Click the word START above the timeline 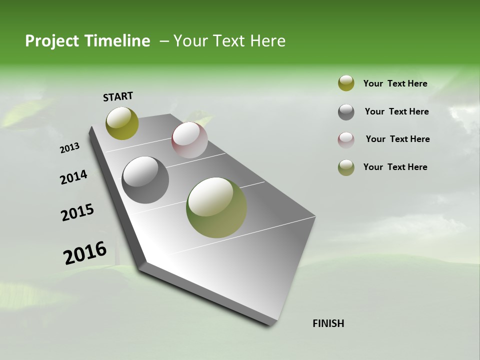click(x=118, y=96)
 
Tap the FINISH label click(x=328, y=323)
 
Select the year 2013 click(x=70, y=148)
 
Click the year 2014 click(x=74, y=177)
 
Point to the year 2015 click(x=77, y=212)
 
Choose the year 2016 click(x=85, y=253)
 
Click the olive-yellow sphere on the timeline click(x=122, y=123)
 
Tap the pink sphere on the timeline click(x=189, y=140)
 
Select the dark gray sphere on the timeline click(x=145, y=180)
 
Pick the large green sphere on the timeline click(x=216, y=207)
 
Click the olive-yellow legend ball click(x=346, y=83)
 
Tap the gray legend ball click(x=346, y=112)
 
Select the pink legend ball click(x=346, y=139)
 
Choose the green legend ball click(x=346, y=167)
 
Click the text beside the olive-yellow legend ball click(x=395, y=83)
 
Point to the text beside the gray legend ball click(x=396, y=111)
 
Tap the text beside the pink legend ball click(x=397, y=139)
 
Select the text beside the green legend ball click(x=395, y=167)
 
